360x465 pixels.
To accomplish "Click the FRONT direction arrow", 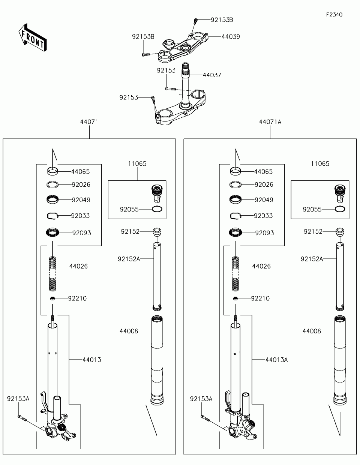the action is (33, 37).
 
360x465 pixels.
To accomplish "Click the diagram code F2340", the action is (334, 15).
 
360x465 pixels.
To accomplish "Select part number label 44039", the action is (231, 37).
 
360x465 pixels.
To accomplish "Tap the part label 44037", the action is (212, 75).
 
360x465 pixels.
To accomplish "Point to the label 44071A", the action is (270, 122).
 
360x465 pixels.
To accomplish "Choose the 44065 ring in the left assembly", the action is (52, 171).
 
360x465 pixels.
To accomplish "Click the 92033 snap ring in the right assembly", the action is (235, 216).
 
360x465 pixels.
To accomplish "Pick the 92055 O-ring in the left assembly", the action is (157, 209).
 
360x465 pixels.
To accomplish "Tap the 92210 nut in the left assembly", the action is (52, 298).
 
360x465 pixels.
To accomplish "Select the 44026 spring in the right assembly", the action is (235, 274).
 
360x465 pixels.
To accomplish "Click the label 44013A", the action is (277, 360).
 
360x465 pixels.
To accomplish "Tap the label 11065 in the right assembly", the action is (320, 164).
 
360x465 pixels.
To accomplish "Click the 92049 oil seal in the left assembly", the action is (52, 199).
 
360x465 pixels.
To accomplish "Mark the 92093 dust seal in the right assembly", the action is (235, 232).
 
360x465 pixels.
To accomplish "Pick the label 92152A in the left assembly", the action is (129, 259).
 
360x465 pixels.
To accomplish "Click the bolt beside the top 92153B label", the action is (195, 21).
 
